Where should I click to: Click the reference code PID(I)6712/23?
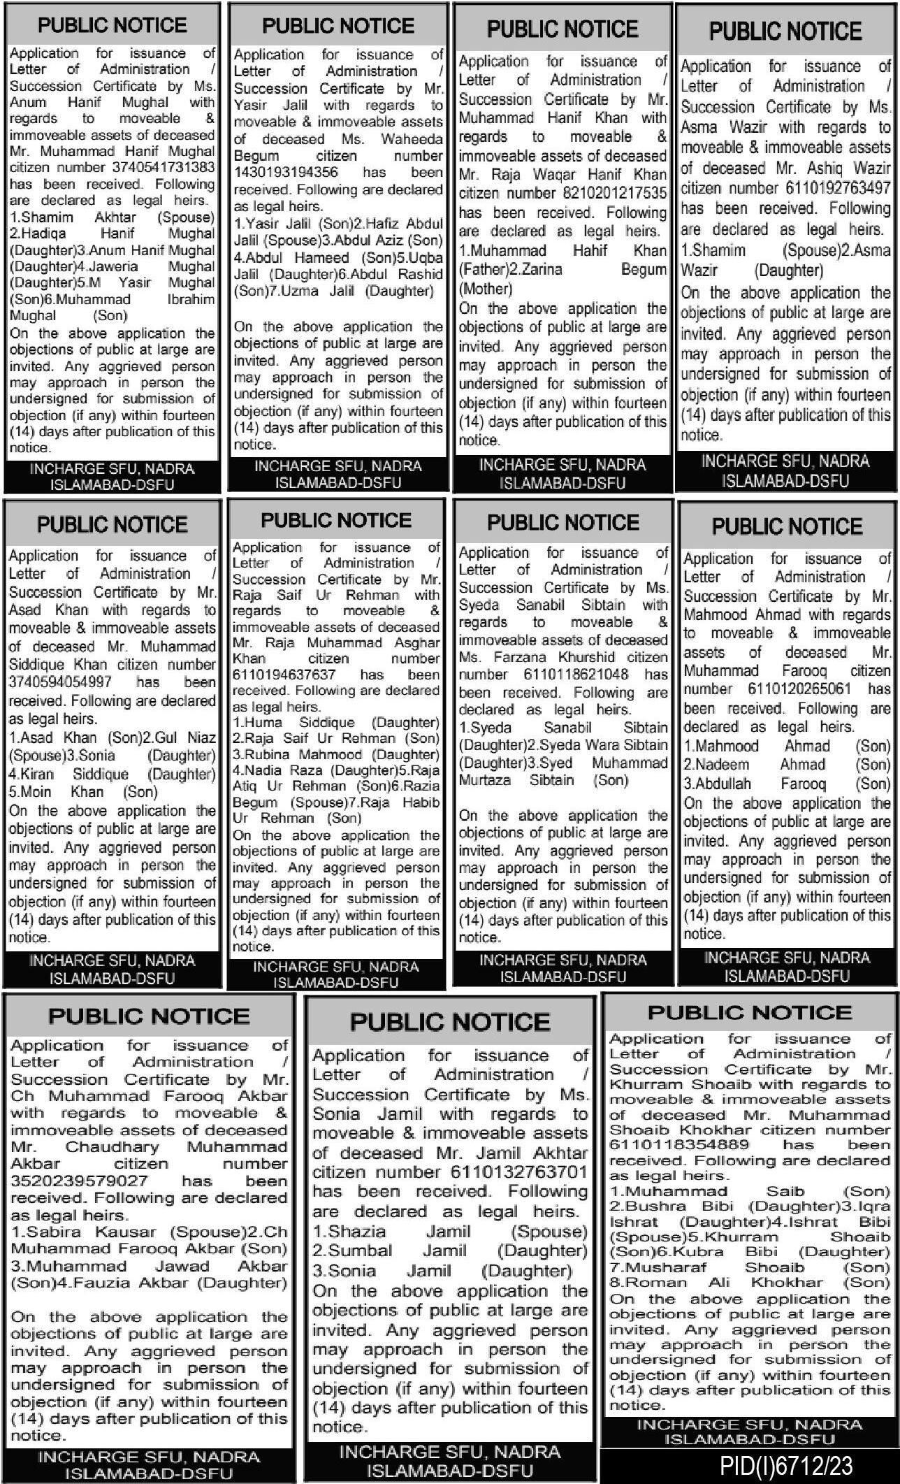point(786,1465)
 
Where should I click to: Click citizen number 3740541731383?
point(164,168)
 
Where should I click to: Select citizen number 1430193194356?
point(286,173)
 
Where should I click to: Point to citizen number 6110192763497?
point(824,188)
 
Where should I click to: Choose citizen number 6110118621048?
point(576,675)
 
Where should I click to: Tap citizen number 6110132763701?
point(519,1172)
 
